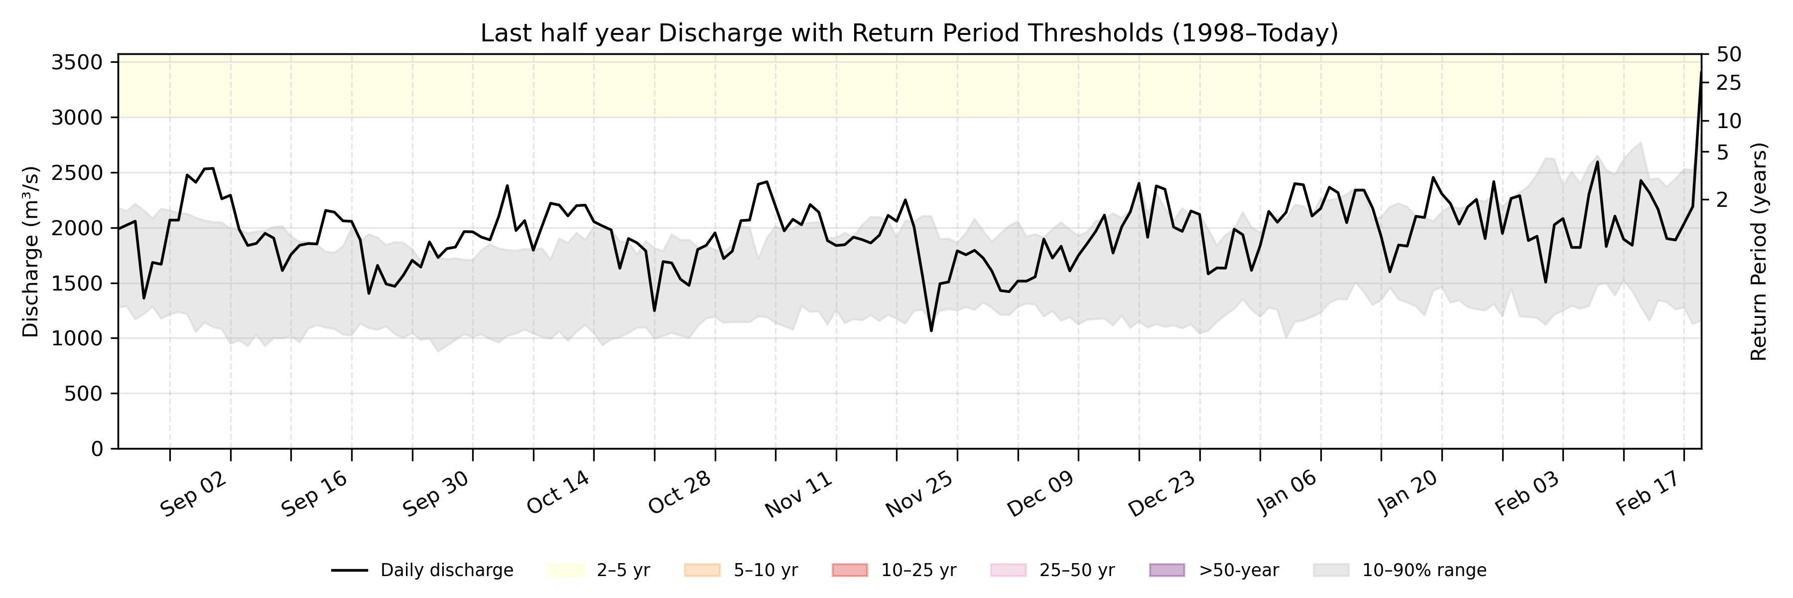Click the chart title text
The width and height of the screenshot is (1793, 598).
(909, 33)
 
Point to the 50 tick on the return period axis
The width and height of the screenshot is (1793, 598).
(1729, 54)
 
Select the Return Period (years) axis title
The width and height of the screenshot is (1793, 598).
(1759, 252)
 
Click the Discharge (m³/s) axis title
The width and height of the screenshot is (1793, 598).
(30, 252)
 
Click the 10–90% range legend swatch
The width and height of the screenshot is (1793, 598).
(1331, 571)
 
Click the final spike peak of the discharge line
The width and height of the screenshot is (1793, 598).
(1700, 72)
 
